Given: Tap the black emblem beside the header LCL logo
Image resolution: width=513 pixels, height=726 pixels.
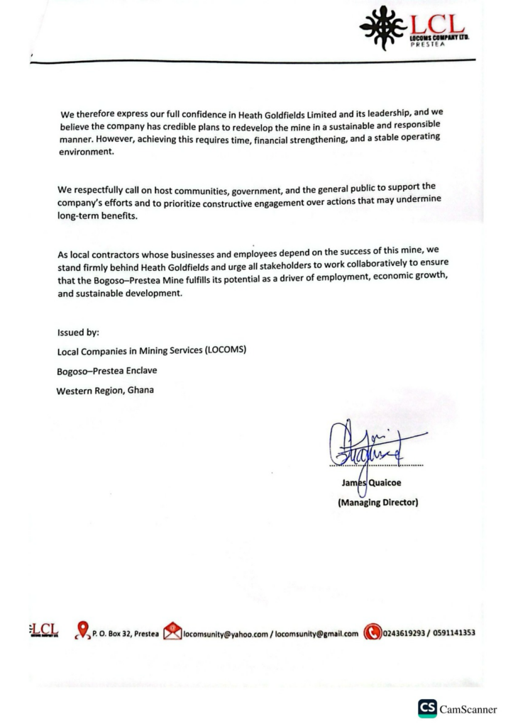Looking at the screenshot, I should point(383,28).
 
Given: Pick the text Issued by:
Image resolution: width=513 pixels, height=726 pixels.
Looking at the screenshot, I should point(78,332).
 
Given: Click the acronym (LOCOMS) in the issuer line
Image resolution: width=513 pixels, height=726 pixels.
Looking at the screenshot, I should point(225,350).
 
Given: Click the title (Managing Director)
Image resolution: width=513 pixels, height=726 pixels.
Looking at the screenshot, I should point(377,503).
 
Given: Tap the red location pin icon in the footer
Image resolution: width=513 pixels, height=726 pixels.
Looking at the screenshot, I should point(83,630).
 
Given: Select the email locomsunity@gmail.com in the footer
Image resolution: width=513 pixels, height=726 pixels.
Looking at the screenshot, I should point(316,633).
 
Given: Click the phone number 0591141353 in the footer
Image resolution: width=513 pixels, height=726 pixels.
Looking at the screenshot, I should point(450,632).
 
